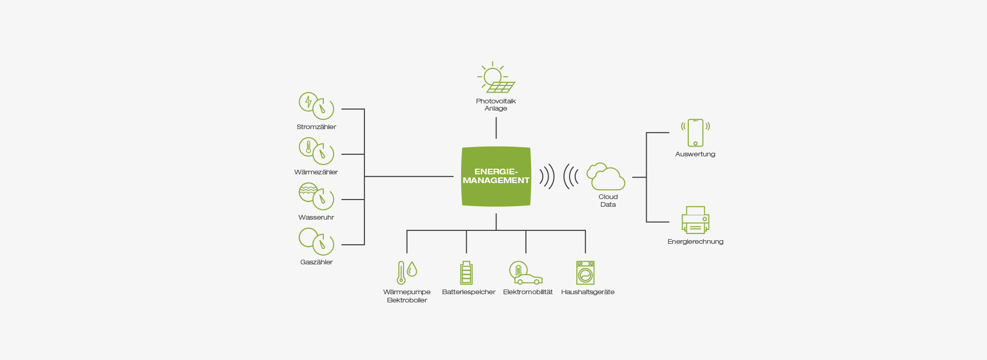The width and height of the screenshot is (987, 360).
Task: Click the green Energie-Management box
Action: (496, 176)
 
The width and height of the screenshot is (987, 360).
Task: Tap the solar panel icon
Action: (496, 77)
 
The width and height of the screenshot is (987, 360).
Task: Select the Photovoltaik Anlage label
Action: (496, 104)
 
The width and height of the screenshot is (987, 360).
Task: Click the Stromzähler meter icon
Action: (316, 106)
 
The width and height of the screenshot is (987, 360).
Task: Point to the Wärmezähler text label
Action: (316, 172)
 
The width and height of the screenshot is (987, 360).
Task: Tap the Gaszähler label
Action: (316, 262)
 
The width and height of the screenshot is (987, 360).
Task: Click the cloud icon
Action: (606, 176)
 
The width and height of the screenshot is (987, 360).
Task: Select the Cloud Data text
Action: (608, 201)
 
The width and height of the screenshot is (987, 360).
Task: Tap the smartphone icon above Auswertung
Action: (696, 133)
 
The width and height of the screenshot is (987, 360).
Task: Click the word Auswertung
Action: (695, 154)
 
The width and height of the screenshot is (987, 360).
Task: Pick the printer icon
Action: (696, 220)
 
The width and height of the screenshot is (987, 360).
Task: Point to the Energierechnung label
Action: (696, 242)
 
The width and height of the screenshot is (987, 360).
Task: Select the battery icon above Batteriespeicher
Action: (466, 273)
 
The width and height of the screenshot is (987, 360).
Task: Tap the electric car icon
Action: (525, 273)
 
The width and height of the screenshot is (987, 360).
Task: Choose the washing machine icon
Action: (585, 273)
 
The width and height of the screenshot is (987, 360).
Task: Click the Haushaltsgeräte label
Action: (588, 292)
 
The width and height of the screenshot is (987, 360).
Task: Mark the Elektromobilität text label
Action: (528, 292)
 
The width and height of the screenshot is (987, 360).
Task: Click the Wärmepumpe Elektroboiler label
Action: (407, 296)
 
